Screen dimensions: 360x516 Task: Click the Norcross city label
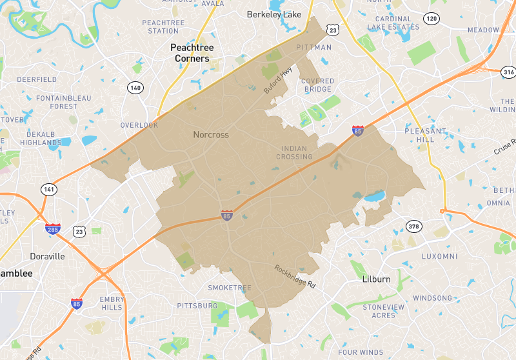point(211,135)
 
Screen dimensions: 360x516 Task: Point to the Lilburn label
point(376,279)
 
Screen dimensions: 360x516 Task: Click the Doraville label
point(47,256)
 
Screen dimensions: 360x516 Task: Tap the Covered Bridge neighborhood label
point(317,85)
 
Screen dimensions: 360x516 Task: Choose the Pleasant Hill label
point(425,135)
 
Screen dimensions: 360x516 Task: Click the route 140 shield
point(135,88)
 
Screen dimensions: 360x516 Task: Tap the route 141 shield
point(49,189)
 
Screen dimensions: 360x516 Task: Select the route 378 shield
point(413,225)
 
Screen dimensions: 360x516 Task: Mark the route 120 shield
point(432,19)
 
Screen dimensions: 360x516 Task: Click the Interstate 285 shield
point(53,228)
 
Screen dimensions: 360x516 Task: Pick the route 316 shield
point(509,72)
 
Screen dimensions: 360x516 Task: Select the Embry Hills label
point(112,303)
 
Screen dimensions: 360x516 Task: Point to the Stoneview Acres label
point(383,311)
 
